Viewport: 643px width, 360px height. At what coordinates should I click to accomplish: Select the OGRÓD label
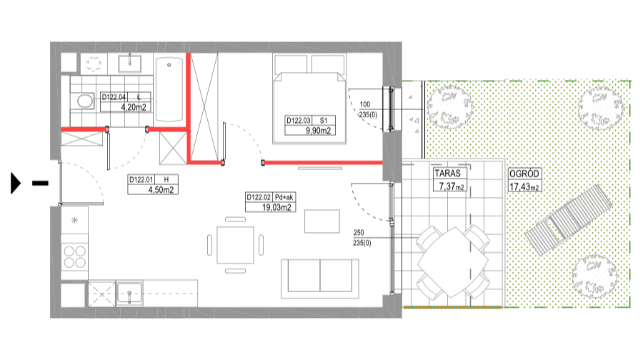point(524,174)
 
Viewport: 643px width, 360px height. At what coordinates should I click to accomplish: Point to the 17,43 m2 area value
point(524,186)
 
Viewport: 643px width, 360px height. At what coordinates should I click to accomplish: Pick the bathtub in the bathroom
point(169,89)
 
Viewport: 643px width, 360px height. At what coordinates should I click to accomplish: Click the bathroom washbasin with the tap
point(129,64)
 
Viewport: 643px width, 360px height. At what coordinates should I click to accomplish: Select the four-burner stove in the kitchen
point(74,256)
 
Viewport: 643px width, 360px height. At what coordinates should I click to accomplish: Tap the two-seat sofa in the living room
point(319,278)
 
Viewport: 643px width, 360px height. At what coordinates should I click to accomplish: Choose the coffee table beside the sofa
point(321,221)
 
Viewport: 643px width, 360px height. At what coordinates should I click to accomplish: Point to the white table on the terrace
point(452,261)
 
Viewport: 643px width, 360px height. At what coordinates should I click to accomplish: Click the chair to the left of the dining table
point(210,245)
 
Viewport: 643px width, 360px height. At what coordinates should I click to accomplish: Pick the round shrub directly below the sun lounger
point(594,276)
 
